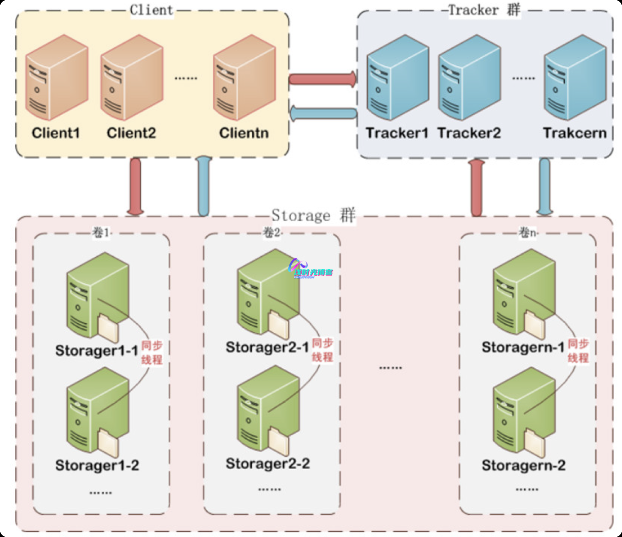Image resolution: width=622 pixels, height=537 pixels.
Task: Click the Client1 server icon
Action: (57, 77)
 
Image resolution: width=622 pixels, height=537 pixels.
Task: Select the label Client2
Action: (131, 133)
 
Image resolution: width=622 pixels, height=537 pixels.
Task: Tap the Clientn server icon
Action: (244, 77)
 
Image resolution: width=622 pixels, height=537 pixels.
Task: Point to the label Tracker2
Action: (469, 133)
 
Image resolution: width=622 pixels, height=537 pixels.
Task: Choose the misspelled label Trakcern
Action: (574, 133)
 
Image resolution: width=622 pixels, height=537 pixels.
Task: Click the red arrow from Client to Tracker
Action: (323, 79)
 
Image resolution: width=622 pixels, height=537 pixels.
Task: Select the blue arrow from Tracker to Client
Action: (323, 113)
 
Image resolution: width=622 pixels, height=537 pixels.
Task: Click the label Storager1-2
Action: (97, 465)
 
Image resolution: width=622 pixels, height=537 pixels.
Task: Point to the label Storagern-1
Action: (523, 348)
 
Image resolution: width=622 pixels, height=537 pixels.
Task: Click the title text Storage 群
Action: (313, 215)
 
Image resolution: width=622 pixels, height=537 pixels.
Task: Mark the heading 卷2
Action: (272, 233)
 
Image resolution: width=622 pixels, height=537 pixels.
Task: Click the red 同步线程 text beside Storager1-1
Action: (152, 353)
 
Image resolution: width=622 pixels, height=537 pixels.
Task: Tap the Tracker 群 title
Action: (484, 11)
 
